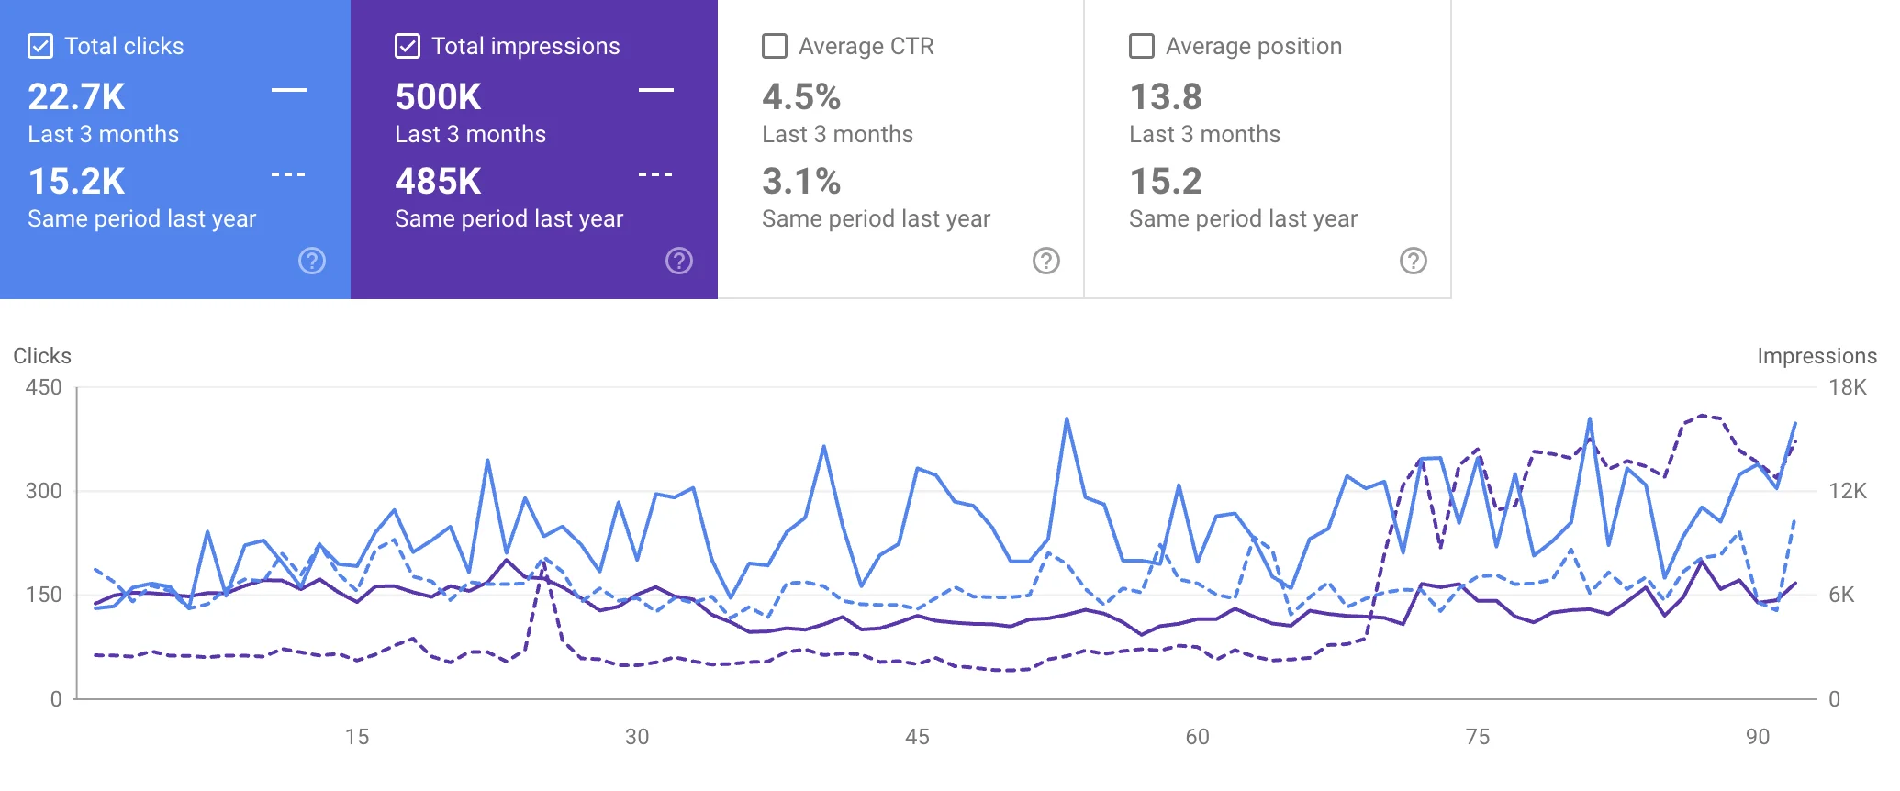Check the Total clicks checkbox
point(40,46)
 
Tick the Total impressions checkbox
point(408,46)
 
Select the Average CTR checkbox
point(775,46)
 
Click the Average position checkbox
point(1142,46)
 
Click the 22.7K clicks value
point(76,97)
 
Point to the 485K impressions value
point(438,182)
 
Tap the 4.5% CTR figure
point(801,97)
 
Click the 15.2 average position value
point(1165,182)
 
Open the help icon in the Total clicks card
point(312,261)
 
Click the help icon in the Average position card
point(1414,261)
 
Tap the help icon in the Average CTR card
point(1046,261)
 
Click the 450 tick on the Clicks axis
point(43,387)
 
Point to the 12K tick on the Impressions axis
point(1847,491)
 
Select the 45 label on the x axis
point(917,737)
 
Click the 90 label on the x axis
point(1757,737)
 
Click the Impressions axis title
point(1816,356)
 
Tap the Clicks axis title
point(42,356)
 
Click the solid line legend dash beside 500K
point(656,90)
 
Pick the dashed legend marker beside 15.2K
point(288,174)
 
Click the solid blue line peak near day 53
point(1067,419)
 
